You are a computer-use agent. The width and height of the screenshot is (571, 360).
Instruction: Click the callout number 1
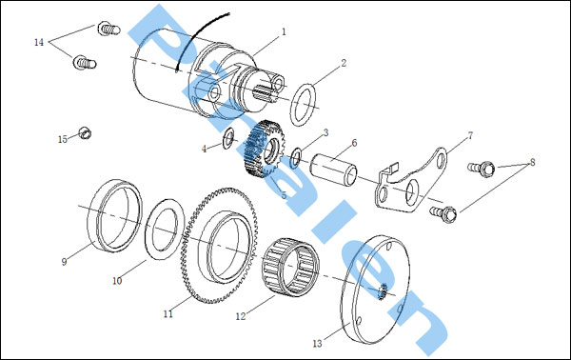[284, 32]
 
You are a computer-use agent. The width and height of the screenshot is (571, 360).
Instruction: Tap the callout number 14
[39, 42]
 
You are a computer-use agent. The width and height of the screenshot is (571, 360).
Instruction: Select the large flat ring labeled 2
[303, 105]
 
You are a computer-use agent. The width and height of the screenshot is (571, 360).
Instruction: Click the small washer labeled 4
[228, 138]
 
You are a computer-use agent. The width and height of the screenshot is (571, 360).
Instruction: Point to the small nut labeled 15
[85, 133]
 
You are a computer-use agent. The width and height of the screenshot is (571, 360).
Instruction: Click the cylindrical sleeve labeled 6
[333, 170]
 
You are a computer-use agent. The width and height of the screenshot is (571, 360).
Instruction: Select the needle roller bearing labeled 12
[290, 267]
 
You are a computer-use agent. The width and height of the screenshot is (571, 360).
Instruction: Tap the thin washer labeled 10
[165, 229]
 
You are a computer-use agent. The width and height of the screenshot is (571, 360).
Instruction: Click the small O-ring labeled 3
[296, 158]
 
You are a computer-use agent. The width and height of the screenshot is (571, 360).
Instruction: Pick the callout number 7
[470, 135]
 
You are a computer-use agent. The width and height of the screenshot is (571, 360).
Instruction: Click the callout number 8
[532, 162]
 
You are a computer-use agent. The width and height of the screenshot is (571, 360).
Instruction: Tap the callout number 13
[317, 343]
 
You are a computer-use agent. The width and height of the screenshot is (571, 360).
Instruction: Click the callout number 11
[167, 313]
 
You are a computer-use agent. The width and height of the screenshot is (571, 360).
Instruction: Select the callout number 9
[64, 262]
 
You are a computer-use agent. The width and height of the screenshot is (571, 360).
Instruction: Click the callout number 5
[284, 195]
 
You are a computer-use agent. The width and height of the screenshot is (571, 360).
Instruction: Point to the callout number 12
[241, 316]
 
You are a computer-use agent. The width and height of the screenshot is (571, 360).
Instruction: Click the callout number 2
[344, 63]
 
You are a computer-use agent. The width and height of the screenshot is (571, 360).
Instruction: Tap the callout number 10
[117, 281]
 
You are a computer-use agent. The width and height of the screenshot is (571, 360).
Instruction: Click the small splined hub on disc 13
[382, 291]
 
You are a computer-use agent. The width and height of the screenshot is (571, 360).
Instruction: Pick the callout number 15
[63, 139]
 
